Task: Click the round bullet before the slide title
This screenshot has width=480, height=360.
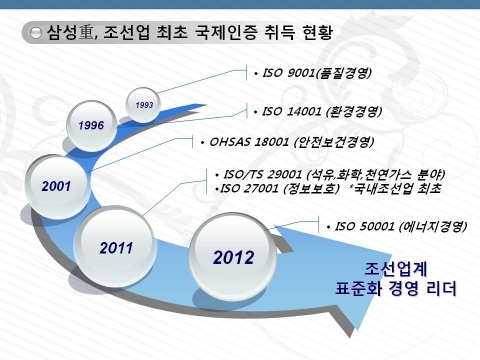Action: pyautogui.click(x=36, y=34)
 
